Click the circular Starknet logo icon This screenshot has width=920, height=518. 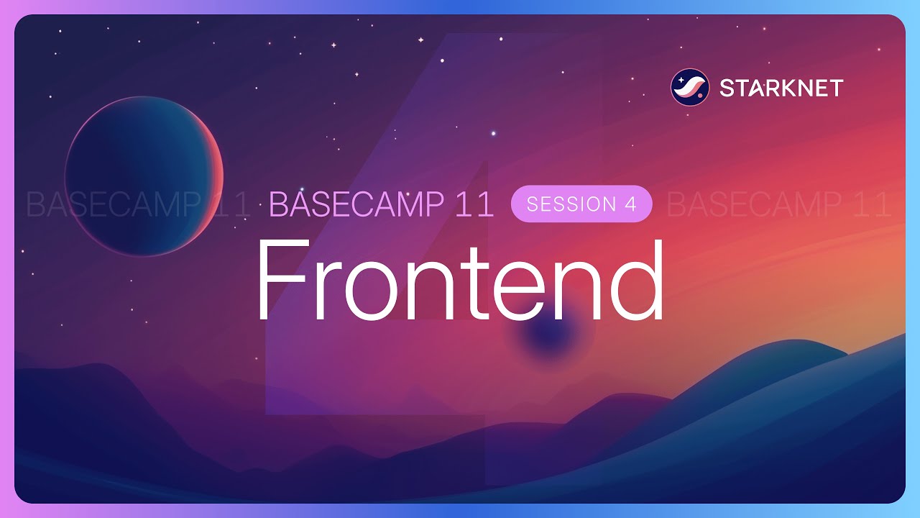tap(689, 88)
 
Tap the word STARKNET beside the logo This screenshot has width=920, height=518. tap(781, 88)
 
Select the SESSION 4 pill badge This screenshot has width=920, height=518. tap(581, 204)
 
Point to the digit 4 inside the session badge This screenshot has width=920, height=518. tap(630, 204)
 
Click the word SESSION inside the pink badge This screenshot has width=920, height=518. tap(571, 204)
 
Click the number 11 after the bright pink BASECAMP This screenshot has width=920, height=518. tap(474, 205)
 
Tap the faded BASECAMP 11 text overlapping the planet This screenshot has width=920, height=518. tap(137, 205)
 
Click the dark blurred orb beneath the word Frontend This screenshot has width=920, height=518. tap(548, 336)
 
